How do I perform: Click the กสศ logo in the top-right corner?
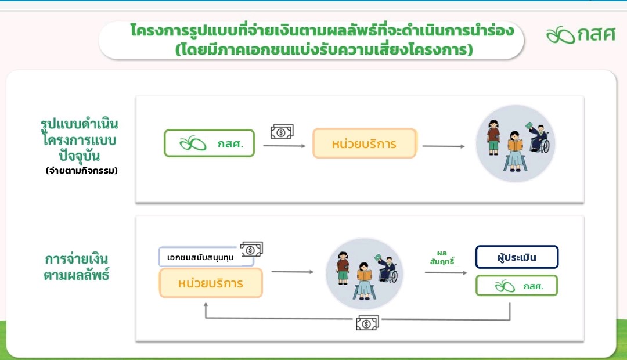[x=581, y=34]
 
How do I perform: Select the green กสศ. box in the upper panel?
[x=209, y=143]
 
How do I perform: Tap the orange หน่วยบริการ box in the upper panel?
[x=365, y=143]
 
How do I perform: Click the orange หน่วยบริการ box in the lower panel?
[x=211, y=283]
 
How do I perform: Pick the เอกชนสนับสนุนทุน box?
[x=206, y=257]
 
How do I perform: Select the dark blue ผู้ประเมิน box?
[x=517, y=257]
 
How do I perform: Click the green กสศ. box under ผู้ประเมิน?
[x=517, y=286]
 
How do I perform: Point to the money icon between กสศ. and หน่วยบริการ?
[x=282, y=131]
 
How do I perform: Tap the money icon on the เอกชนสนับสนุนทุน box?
[x=251, y=249]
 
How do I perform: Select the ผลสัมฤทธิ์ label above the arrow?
[x=442, y=258]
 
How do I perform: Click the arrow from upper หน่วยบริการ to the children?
[x=444, y=146]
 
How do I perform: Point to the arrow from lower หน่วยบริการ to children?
[x=292, y=272]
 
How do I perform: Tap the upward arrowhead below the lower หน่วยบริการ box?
[x=206, y=305]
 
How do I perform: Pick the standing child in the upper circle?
[x=494, y=137]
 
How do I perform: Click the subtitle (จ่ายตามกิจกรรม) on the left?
[x=82, y=171]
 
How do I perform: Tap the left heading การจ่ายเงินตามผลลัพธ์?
[x=77, y=267]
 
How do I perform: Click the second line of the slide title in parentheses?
[x=324, y=49]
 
